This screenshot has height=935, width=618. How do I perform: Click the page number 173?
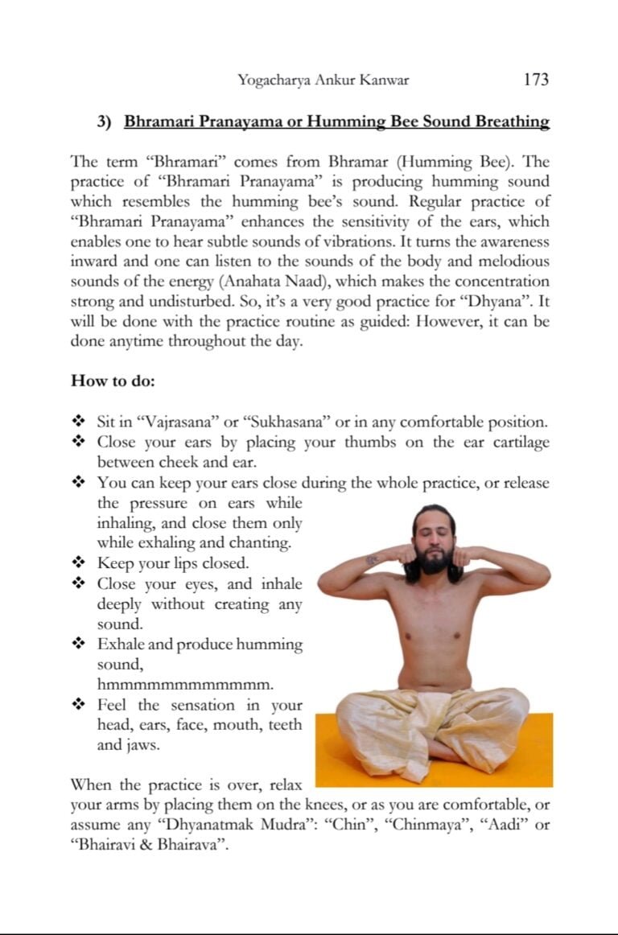535,80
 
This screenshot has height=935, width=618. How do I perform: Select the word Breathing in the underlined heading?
512,122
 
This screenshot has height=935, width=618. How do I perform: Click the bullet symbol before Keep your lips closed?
79,563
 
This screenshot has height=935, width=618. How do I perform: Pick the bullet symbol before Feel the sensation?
79,705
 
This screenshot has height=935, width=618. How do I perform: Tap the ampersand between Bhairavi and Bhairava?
138,846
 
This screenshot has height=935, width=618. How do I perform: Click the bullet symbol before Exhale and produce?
79,645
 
